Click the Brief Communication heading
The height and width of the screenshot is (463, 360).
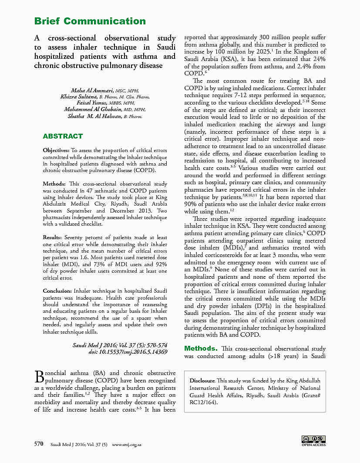[90, 21]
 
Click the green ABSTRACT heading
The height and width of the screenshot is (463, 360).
[63, 136]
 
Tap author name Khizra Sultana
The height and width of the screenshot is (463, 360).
[79, 97]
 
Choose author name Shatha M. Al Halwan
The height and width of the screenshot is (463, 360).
[94, 116]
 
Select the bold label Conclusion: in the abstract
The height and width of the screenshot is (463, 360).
[57, 291]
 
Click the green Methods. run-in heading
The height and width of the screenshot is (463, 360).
[201, 348]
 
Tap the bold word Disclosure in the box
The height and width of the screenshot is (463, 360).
[202, 381]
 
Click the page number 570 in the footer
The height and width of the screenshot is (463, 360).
[39, 444]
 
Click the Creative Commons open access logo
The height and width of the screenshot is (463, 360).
[313, 441]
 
